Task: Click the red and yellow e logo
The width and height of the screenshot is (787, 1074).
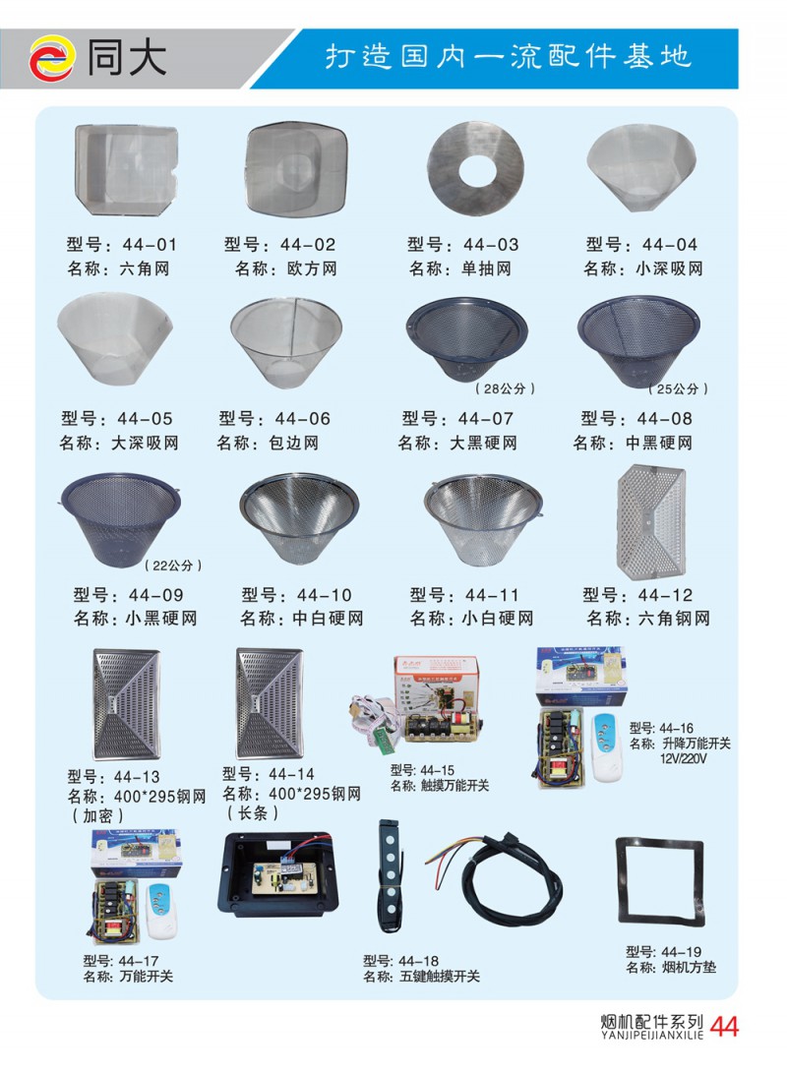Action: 51,58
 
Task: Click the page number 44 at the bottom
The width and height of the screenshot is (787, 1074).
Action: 724,1027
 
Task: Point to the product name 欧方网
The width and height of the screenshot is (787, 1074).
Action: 312,268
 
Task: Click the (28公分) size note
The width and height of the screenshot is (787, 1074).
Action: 505,389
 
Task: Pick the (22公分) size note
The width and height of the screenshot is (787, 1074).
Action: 173,566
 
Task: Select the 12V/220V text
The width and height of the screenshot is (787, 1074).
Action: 683,759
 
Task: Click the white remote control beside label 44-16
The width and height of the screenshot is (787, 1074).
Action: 608,747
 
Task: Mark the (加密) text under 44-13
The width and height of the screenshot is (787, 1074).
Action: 98,815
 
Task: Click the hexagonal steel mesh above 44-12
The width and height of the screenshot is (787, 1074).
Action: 650,521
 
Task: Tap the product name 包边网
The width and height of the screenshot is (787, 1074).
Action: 293,444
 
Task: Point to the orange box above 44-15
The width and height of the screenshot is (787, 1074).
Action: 436,685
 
